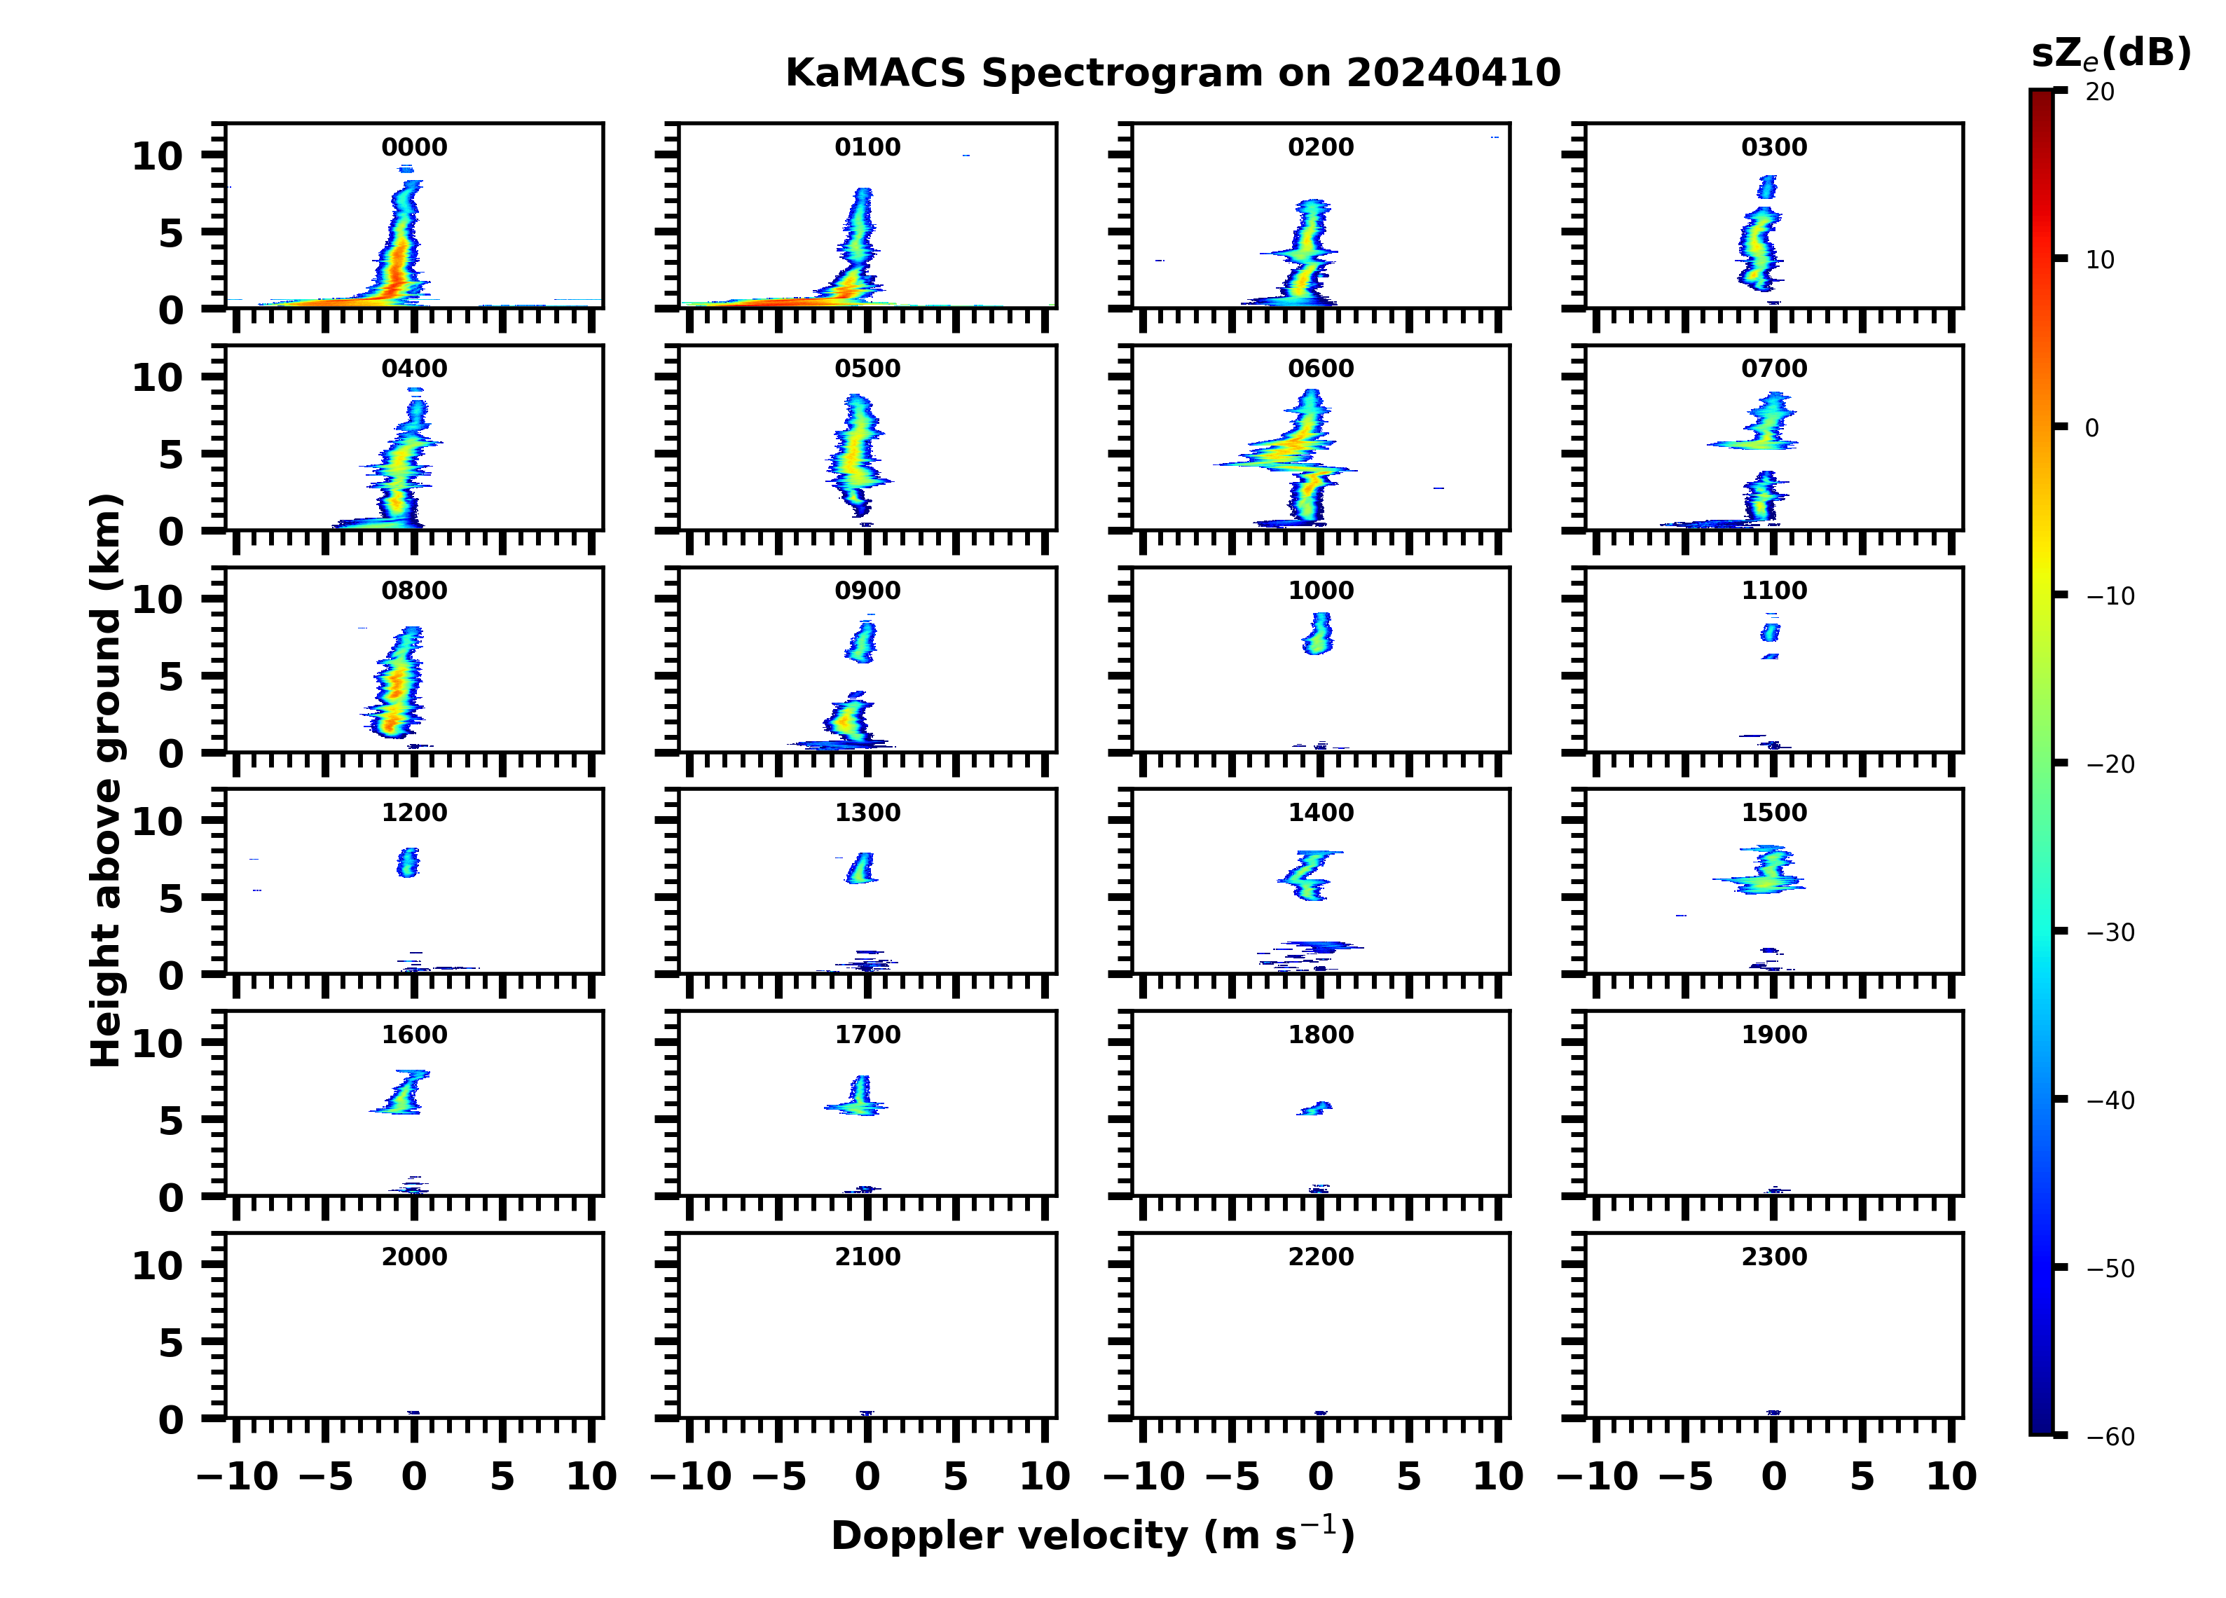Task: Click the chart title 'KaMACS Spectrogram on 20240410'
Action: [1173, 74]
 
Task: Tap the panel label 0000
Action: [414, 147]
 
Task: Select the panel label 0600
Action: [1320, 369]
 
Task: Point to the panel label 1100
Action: [1773, 591]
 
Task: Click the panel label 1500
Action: [1773, 813]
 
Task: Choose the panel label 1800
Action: [1320, 1035]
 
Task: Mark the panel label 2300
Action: [1773, 1256]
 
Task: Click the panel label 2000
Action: [414, 1256]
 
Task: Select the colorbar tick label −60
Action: [2110, 1437]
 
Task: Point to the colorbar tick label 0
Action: [2091, 428]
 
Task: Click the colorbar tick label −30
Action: [2110, 932]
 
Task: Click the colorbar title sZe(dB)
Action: [2110, 53]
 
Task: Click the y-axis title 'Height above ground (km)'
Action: [106, 780]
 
